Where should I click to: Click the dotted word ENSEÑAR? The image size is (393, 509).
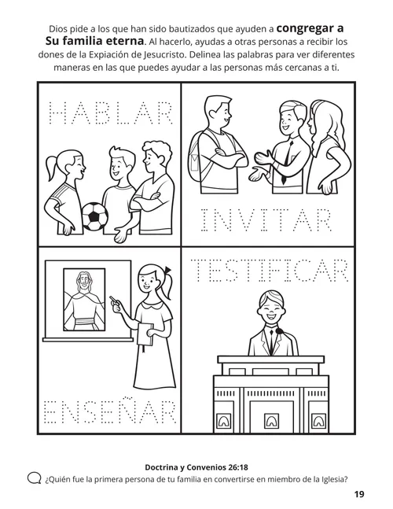click(108, 413)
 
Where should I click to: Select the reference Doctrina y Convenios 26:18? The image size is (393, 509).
click(196, 464)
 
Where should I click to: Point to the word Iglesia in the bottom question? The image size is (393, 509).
click(327, 477)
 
